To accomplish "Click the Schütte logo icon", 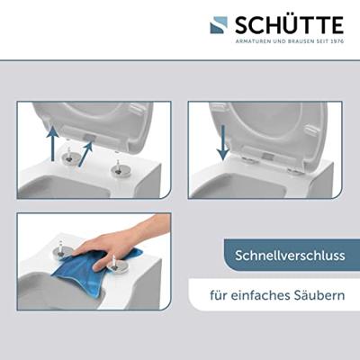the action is click(x=219, y=25).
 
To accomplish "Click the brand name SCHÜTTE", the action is click(x=290, y=25).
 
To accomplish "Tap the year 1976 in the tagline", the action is click(x=337, y=41).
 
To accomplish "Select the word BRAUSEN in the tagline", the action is click(x=298, y=41).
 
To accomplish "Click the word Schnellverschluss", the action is click(x=290, y=256).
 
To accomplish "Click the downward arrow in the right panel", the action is click(x=222, y=142).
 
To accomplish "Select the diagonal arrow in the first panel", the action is click(x=86, y=154).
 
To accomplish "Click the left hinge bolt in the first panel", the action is click(x=68, y=155).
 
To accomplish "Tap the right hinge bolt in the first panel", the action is click(x=118, y=168).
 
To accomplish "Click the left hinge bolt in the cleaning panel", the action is click(x=64, y=248).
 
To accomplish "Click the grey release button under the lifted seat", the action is click(x=91, y=138).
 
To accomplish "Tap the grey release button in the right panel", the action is click(x=268, y=157).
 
